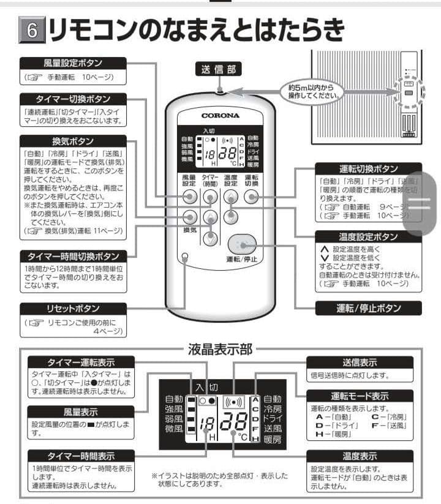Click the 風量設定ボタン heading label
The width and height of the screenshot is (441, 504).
pyautogui.click(x=73, y=62)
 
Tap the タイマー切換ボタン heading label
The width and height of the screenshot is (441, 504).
pyautogui.click(x=73, y=99)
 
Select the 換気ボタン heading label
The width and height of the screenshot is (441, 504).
pyautogui.click(x=73, y=140)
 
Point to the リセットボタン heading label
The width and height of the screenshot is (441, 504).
pyautogui.click(x=73, y=309)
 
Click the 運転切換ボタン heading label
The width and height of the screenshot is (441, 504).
pyautogui.click(x=368, y=168)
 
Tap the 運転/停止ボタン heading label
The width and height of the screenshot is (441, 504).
pyautogui.click(x=368, y=309)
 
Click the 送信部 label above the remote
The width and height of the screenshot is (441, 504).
pyautogui.click(x=218, y=69)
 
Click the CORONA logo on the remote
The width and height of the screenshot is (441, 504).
pyautogui.click(x=221, y=115)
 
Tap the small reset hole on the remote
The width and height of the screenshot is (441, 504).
pyautogui.click(x=184, y=257)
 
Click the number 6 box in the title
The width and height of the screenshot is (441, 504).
pyautogui.click(x=33, y=31)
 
